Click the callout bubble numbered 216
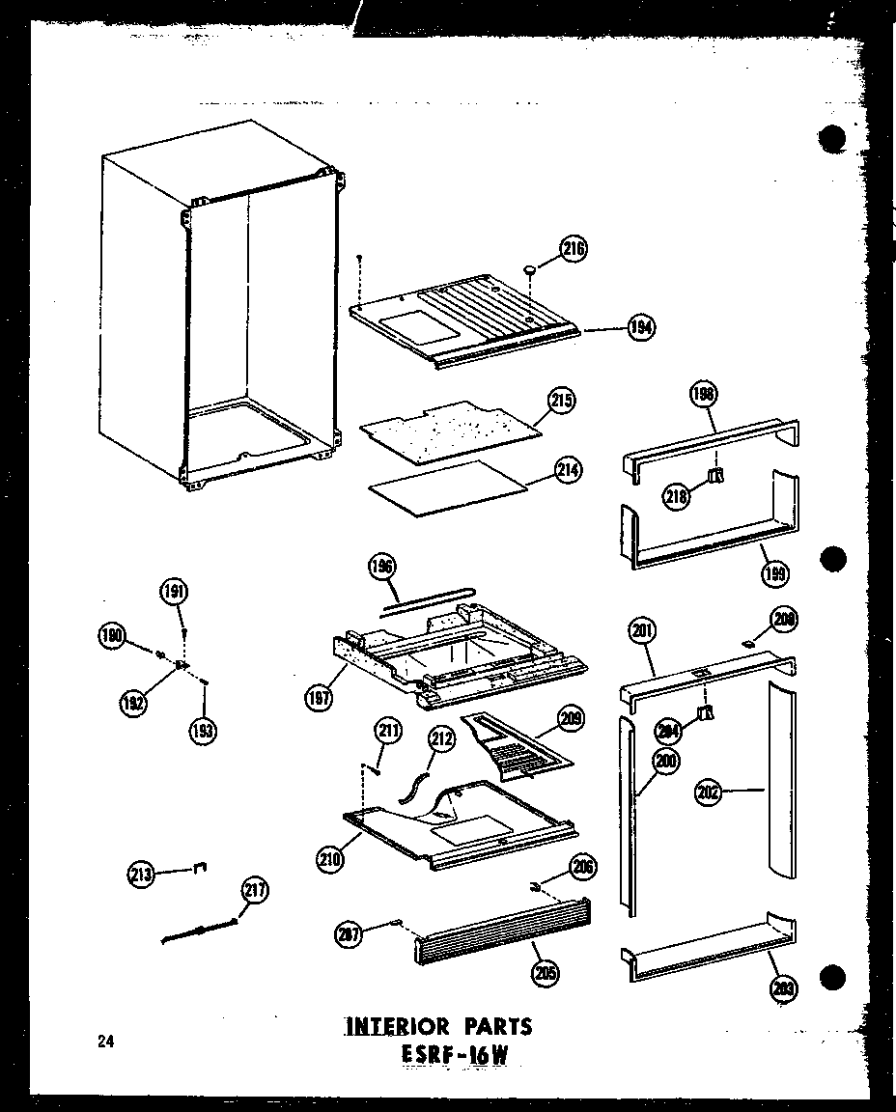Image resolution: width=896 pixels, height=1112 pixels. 574,248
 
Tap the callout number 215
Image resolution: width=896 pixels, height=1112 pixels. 562,400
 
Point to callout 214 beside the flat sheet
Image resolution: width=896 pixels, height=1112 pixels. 569,470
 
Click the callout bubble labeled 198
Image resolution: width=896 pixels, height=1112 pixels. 704,394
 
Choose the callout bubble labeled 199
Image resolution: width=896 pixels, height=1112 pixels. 774,573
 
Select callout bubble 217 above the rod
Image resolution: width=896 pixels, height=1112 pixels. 256,891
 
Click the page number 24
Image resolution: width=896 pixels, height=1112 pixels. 104,1041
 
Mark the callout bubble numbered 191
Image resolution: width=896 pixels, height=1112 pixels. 176,592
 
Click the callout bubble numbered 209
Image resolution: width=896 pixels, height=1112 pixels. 571,718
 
